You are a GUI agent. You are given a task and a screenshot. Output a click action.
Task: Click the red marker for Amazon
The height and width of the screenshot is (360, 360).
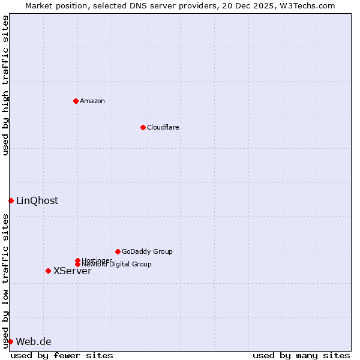click(x=76, y=101)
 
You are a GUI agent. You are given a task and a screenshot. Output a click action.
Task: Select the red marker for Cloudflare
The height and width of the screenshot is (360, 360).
click(x=143, y=127)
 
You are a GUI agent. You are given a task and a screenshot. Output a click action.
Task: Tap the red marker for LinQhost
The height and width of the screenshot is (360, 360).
click(x=11, y=200)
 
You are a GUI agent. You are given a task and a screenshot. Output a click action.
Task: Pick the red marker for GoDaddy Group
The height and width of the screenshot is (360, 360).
click(x=118, y=251)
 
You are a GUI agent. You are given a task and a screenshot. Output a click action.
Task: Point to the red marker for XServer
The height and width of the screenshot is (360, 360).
click(x=48, y=271)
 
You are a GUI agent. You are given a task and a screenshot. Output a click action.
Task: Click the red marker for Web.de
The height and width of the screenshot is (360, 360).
click(x=10, y=341)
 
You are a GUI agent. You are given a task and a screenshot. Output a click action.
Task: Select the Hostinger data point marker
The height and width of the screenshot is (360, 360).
click(x=77, y=260)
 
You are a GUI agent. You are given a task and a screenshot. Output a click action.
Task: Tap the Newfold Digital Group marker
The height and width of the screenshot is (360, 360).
click(x=77, y=264)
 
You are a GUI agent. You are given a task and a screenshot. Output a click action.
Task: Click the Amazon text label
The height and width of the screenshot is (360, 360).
click(x=92, y=101)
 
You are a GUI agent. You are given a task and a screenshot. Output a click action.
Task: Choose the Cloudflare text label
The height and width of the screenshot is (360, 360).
click(x=163, y=127)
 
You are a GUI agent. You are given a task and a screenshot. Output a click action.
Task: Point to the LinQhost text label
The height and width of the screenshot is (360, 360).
click(x=37, y=200)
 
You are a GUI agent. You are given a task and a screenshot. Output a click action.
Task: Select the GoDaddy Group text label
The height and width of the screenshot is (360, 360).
click(x=147, y=251)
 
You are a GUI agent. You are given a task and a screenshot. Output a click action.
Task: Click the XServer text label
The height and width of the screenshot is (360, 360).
click(x=73, y=271)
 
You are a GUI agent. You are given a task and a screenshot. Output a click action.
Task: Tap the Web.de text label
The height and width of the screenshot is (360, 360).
click(x=34, y=341)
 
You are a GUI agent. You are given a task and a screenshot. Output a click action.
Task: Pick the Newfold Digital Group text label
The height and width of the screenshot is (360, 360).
click(x=117, y=264)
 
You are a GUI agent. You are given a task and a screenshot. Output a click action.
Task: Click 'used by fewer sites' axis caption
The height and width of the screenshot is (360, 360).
click(x=62, y=355)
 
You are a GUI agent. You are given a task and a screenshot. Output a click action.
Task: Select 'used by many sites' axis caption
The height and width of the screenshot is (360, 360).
click(x=301, y=355)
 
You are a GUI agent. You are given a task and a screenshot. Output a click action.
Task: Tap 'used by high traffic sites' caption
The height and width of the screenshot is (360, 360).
click(x=5, y=85)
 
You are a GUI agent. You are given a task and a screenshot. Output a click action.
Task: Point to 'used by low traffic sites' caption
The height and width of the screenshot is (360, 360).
click(x=5, y=280)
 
